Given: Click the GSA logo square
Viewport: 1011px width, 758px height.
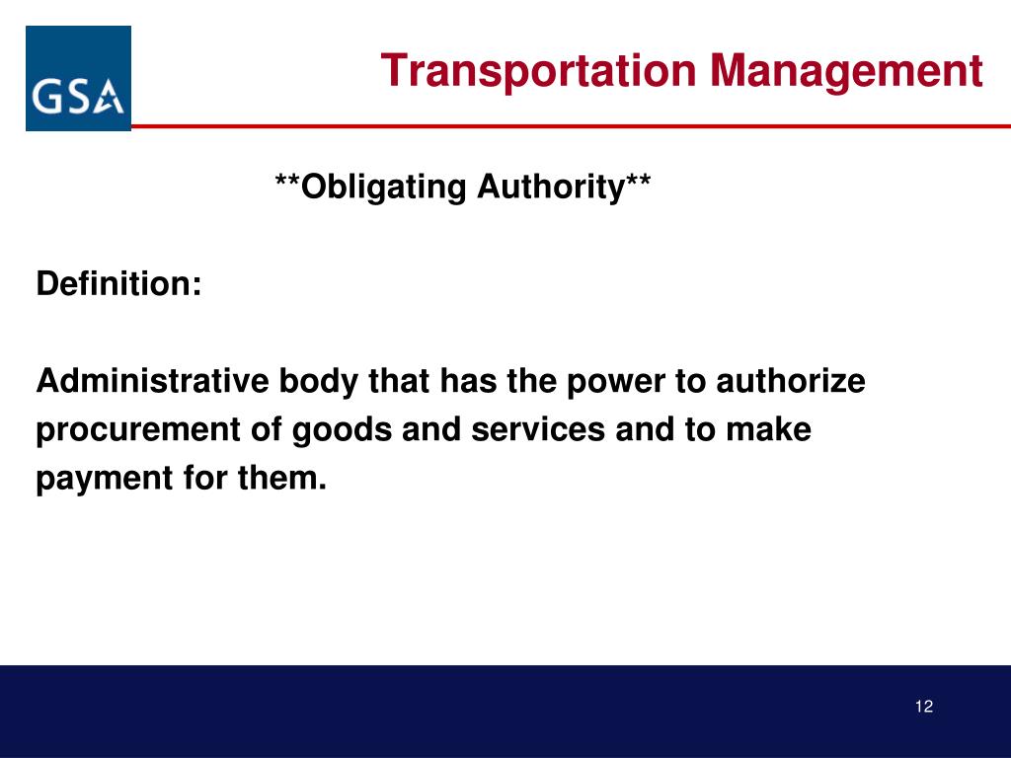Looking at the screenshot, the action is point(78,78).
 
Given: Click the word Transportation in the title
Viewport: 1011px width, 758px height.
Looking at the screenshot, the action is point(539,71).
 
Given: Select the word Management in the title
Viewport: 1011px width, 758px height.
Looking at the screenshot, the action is point(846,71).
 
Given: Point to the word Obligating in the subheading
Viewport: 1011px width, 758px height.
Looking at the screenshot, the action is point(384,188).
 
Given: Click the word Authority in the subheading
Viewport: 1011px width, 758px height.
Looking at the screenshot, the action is point(551,188).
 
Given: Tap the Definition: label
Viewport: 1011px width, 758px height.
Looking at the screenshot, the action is point(119,283).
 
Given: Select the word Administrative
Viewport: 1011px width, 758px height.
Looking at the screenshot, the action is point(152,380).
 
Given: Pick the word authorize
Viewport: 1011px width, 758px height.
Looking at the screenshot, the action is point(791,380).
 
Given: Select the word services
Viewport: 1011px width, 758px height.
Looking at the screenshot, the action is point(538,429).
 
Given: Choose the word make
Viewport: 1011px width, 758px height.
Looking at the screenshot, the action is point(768,429).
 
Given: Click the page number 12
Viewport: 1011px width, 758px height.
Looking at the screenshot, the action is point(924,707).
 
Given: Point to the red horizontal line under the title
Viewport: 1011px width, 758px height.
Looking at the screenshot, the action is point(571,126).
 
